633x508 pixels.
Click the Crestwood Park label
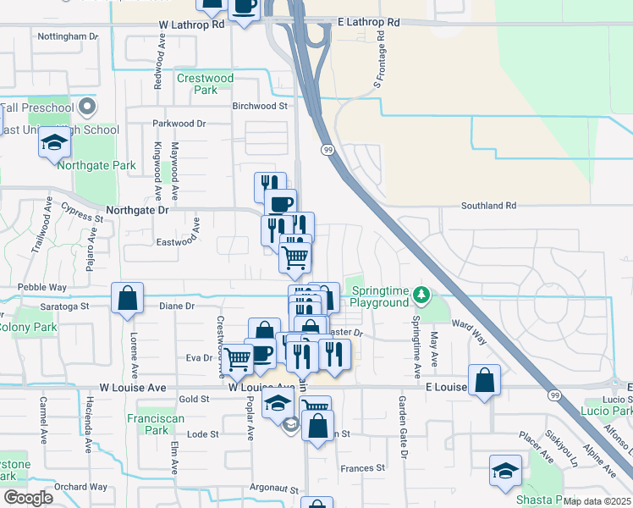(x=205, y=84)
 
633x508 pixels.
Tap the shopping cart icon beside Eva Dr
(x=236, y=357)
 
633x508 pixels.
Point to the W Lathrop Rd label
(x=192, y=25)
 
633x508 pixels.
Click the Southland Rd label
(x=488, y=206)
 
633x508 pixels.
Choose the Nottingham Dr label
(x=69, y=37)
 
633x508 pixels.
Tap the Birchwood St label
(x=261, y=107)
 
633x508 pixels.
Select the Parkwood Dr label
(x=179, y=124)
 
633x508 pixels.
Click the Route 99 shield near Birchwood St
(x=327, y=149)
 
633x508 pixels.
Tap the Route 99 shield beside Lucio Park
(x=555, y=395)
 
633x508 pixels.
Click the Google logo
(x=28, y=498)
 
